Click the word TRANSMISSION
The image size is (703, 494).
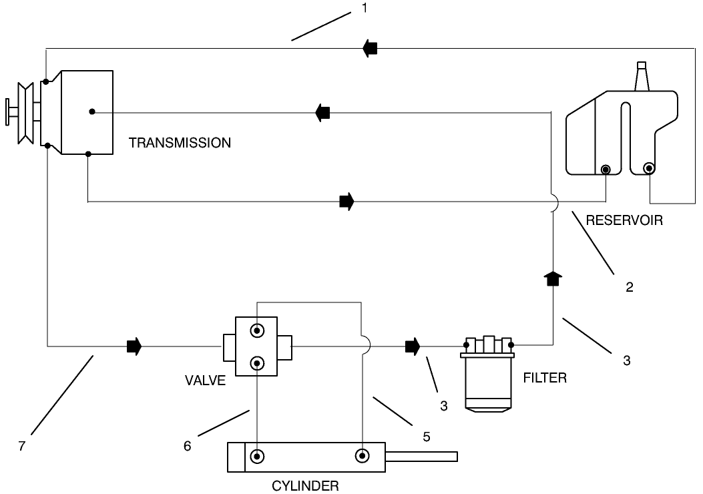click(180, 143)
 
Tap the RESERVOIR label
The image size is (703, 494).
click(624, 220)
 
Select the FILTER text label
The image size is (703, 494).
click(545, 378)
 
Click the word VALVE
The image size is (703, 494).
click(205, 381)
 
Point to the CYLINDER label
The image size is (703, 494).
click(305, 485)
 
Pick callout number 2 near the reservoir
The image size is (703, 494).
click(630, 288)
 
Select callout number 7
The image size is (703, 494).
click(22, 446)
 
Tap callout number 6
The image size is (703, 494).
click(188, 446)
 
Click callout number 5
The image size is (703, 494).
click(427, 437)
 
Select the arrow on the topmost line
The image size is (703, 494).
click(370, 47)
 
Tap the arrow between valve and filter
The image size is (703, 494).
click(413, 346)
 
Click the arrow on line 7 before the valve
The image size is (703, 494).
click(134, 346)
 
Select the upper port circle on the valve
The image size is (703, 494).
click(257, 331)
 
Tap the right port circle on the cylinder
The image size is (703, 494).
click(363, 457)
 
